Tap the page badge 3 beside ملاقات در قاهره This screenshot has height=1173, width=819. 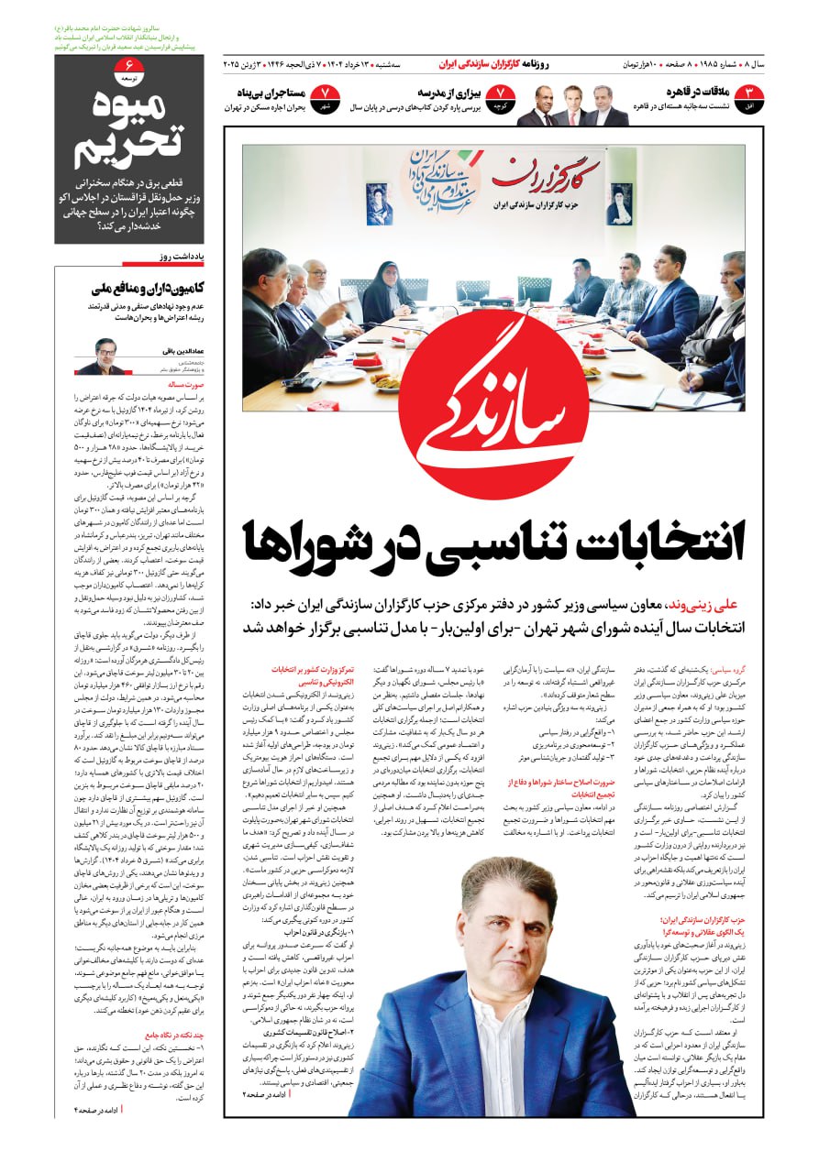pos(751,95)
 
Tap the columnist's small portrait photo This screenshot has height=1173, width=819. pos(99,356)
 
